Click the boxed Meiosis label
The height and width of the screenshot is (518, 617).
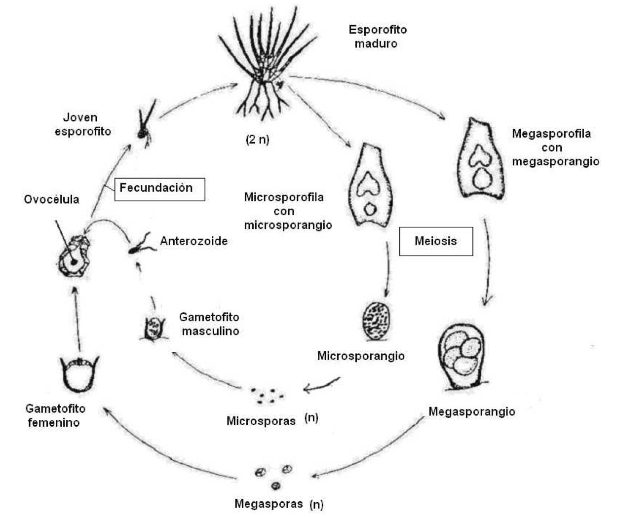[436, 241]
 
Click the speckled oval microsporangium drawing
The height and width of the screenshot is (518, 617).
[377, 321]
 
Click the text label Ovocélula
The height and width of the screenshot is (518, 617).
[51, 199]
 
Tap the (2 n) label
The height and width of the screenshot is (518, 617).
[258, 140]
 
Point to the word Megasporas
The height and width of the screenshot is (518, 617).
[269, 504]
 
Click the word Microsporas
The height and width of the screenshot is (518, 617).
[261, 421]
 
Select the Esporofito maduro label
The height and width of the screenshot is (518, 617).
[377, 37]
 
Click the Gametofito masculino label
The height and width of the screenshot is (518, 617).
[209, 324]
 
